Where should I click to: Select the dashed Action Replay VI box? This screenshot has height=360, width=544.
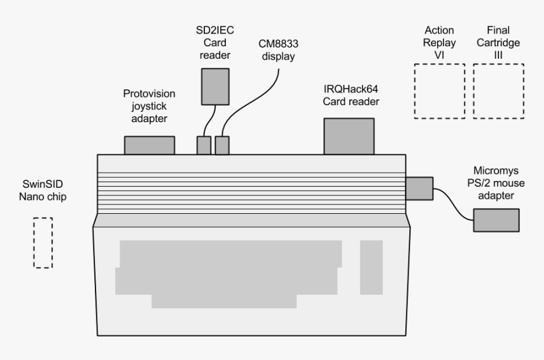[439, 91]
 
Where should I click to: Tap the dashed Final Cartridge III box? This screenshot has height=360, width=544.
[498, 91]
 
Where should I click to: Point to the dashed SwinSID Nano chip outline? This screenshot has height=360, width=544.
[43, 242]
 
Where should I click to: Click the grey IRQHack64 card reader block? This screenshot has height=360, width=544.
[348, 136]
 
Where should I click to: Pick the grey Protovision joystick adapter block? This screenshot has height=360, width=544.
[149, 145]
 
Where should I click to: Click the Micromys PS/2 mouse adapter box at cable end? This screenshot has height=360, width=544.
[497, 220]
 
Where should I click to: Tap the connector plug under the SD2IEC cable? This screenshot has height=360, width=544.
[203, 145]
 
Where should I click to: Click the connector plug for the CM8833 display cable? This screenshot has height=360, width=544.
[222, 145]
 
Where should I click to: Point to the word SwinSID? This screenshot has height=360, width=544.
[42, 185]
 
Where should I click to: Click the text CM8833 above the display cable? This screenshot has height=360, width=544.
[277, 44]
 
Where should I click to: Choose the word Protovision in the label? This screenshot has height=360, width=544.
[149, 94]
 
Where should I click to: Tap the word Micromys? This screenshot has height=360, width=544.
[497, 171]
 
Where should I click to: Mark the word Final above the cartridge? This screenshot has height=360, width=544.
[498, 30]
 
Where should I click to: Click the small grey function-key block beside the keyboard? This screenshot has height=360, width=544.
[371, 267]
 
